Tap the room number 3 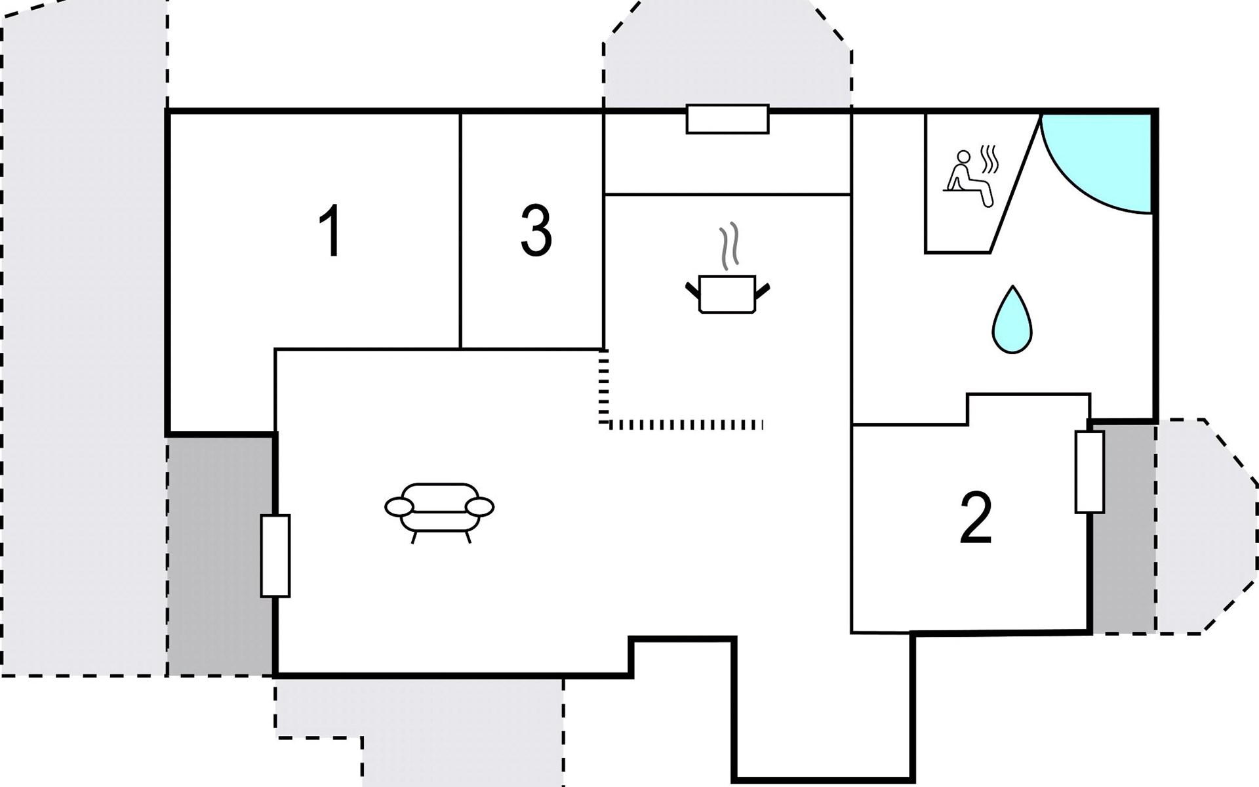click(x=536, y=231)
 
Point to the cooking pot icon click(x=727, y=294)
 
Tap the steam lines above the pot click(x=729, y=246)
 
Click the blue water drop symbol click(x=1012, y=320)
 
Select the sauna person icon click(x=969, y=178)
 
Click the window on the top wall click(x=727, y=119)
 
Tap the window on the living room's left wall click(x=275, y=556)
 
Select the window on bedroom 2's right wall click(x=1089, y=472)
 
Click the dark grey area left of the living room click(x=220, y=554)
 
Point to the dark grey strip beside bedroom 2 click(x=1123, y=528)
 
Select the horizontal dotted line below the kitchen click(x=685, y=425)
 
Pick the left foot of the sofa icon click(x=414, y=537)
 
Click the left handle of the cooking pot click(x=692, y=289)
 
